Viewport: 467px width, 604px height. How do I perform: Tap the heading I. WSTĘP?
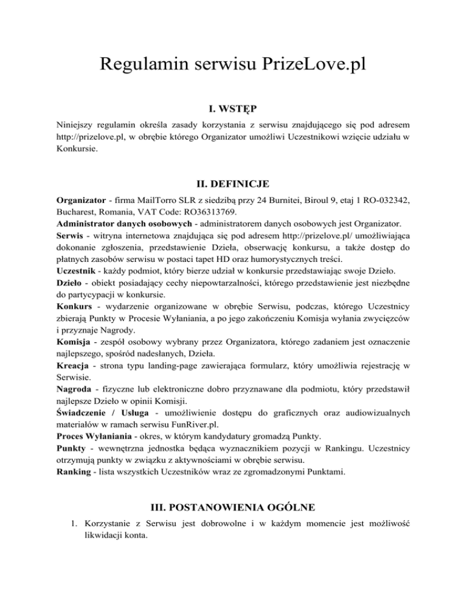tap(233, 109)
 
